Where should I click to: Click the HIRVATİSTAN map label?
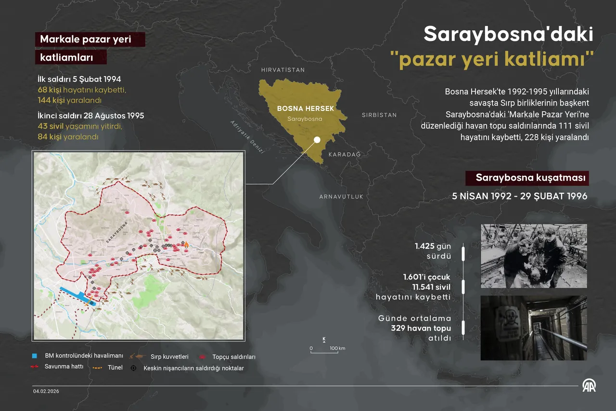pos(282,70)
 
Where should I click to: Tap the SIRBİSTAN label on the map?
pos(379,115)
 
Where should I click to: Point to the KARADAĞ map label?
pos(344,154)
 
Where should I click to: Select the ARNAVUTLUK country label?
pos(341,197)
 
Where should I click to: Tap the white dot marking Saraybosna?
pos(317,140)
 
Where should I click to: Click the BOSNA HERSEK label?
pos(305,109)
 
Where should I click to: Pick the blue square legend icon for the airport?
pos(34,356)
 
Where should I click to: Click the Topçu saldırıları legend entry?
pos(233,357)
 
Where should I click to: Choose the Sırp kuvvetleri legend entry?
pos(169,357)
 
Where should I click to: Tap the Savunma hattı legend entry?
pos(64,367)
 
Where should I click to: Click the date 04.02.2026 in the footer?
pos(46,391)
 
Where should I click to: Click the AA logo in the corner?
pos(589,386)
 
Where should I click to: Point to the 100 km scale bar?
pos(327,351)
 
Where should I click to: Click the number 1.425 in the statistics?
pos(424,246)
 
